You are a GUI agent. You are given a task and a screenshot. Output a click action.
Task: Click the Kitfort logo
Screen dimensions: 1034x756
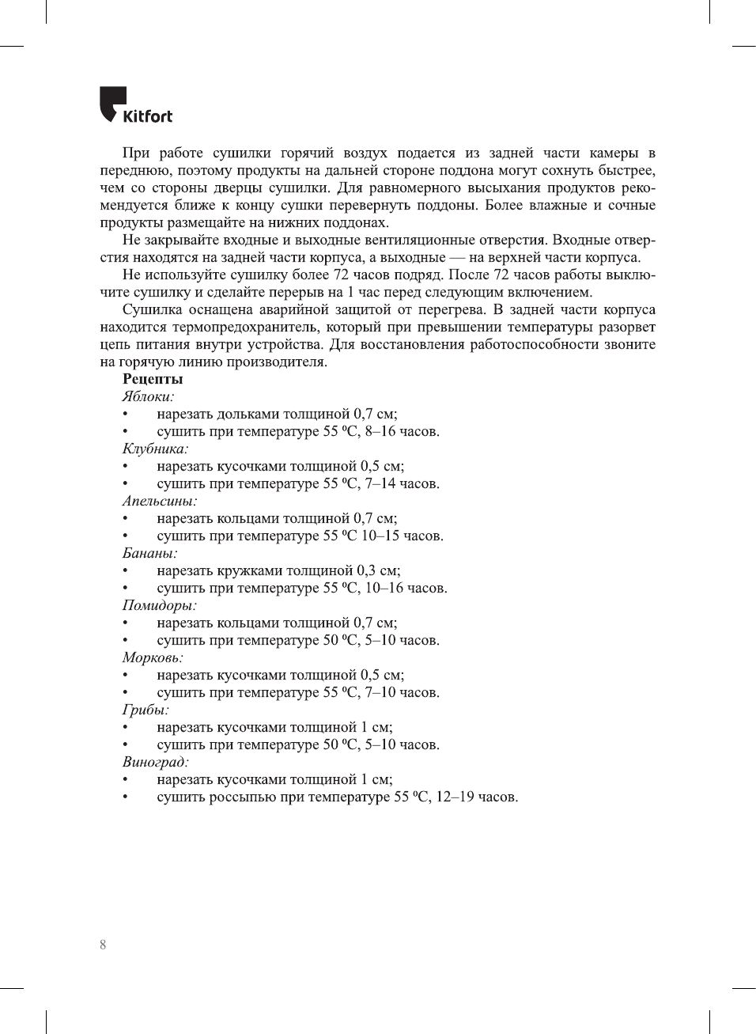coord(135,105)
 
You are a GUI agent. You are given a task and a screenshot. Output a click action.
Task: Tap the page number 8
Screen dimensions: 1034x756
coord(103,945)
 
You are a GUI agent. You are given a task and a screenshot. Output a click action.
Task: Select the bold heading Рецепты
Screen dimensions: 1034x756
coord(153,379)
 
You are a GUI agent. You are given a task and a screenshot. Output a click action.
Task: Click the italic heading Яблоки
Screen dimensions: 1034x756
coord(148,396)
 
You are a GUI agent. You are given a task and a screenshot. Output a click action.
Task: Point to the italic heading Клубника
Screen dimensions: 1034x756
coord(155,449)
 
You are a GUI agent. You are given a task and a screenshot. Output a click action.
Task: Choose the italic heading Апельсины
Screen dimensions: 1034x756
coord(159,501)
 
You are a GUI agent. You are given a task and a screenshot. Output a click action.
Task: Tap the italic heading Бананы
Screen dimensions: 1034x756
coord(149,553)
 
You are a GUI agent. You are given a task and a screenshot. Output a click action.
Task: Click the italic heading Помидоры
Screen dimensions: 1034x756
coord(159,605)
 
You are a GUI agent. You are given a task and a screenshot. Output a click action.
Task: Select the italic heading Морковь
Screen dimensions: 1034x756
coord(153,657)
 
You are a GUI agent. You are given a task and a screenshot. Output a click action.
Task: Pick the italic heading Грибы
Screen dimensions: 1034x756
coord(146,710)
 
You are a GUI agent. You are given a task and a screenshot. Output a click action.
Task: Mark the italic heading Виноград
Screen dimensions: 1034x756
coord(155,762)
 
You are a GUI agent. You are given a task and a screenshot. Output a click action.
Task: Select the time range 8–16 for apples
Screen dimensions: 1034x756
coord(380,431)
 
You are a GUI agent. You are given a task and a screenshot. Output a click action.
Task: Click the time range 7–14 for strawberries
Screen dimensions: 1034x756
coord(380,483)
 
